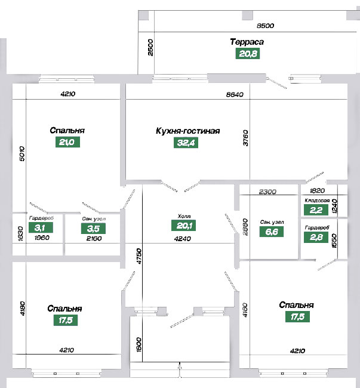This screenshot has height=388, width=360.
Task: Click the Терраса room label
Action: coord(247,42)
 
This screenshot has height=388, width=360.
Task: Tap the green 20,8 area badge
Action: coord(248,54)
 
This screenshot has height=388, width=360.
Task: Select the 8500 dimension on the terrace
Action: coord(265,26)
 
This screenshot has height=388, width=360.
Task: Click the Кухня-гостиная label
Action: coord(188,131)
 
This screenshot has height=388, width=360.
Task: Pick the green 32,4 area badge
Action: coord(186,143)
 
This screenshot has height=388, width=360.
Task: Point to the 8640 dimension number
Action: coord(235,94)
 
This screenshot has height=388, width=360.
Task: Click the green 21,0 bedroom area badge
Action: coord(67,142)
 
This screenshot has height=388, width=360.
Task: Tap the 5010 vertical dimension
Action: coord(22,153)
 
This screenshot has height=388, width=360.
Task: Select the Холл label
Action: coord(184,216)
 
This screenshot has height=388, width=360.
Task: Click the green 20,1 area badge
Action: coord(184,226)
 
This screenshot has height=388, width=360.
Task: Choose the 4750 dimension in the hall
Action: coord(139,256)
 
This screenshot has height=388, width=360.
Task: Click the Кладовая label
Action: coord(317,201)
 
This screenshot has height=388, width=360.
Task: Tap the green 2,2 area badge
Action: coord(316,210)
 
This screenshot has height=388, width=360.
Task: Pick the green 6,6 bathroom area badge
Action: coord(272,232)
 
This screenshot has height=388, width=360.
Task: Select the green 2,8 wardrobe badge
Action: coord(316,237)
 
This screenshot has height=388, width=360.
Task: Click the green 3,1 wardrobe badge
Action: coord(41,227)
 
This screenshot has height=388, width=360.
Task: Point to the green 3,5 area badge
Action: coord(93,229)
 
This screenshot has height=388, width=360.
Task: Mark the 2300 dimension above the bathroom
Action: coord(267,192)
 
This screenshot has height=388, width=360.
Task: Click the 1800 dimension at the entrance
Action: coord(139,344)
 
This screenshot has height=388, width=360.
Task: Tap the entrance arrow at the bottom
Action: coord(180,370)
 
